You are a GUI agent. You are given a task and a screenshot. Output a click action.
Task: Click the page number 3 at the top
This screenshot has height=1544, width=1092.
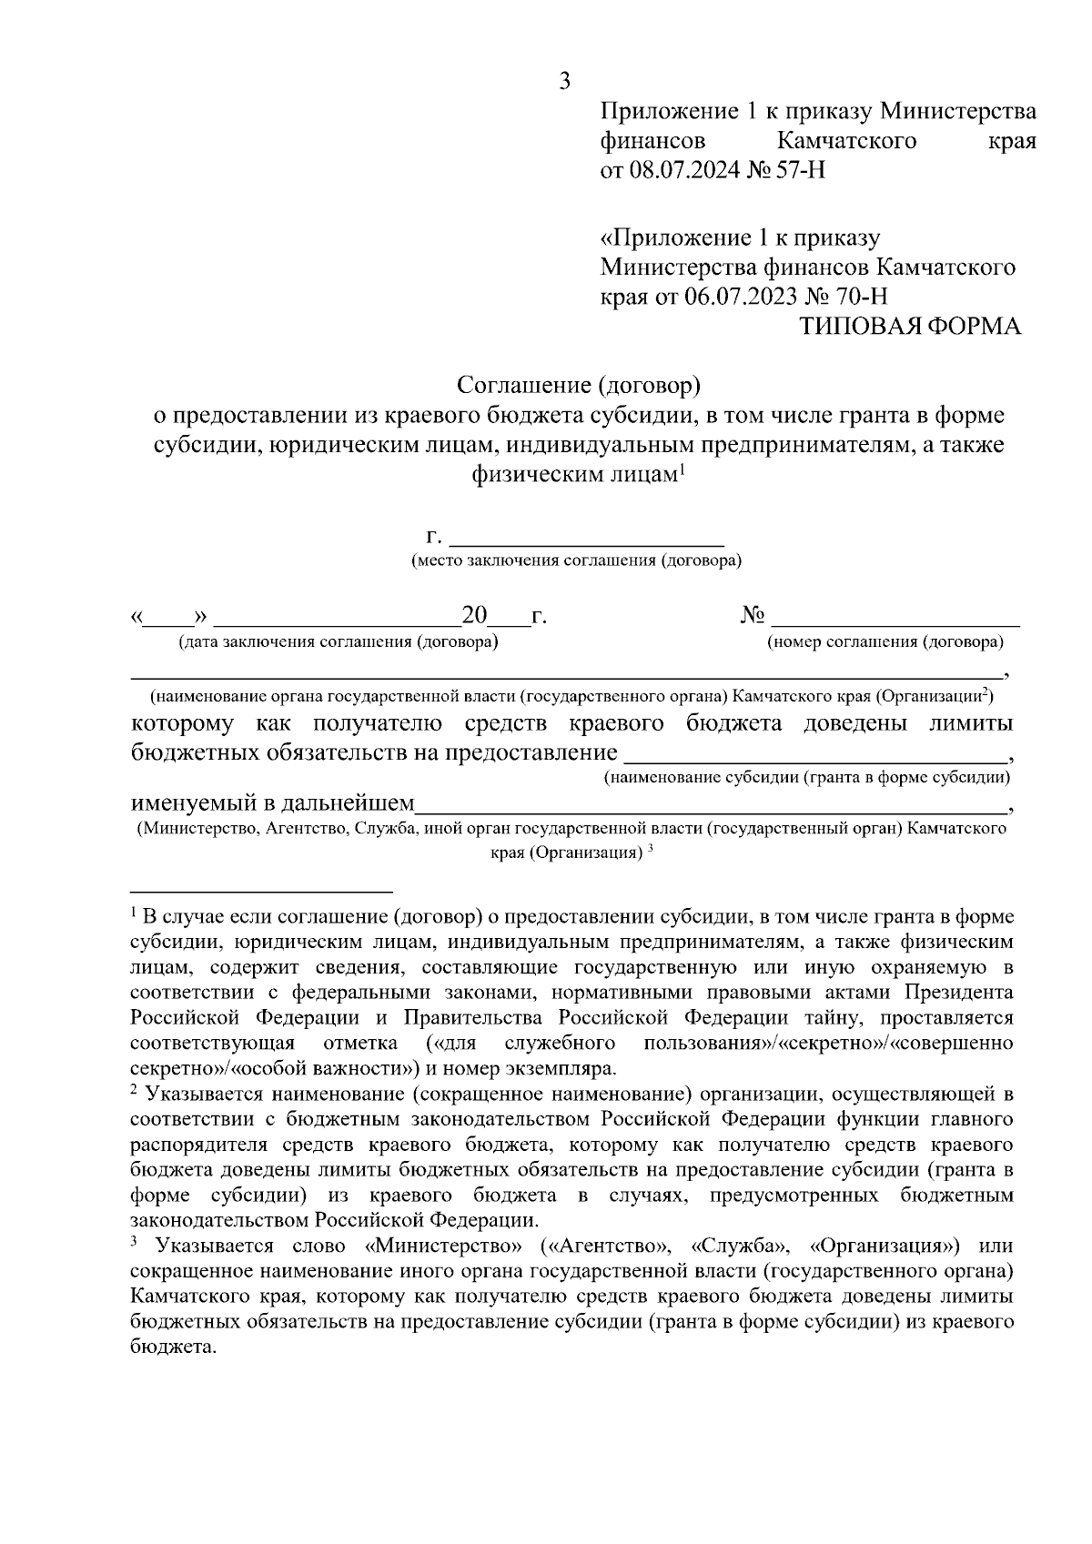(x=564, y=82)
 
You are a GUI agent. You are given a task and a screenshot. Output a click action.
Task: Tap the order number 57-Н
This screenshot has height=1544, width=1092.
(x=800, y=170)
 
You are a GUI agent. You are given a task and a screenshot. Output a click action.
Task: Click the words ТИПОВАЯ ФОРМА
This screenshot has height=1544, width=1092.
(x=910, y=327)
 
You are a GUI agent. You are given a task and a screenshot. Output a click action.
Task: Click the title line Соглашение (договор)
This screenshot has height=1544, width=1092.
(x=578, y=386)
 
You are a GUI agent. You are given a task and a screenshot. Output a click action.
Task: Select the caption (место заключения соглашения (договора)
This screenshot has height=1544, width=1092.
(x=577, y=560)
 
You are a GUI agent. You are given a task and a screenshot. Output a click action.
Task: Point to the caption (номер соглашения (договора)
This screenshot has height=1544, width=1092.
(x=885, y=642)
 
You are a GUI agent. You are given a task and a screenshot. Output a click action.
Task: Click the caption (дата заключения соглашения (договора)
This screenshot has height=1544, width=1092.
(x=339, y=642)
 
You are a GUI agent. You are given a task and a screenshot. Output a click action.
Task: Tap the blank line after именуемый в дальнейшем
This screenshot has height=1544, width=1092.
(x=710, y=805)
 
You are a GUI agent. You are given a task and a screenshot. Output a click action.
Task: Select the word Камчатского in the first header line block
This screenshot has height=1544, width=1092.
(x=846, y=141)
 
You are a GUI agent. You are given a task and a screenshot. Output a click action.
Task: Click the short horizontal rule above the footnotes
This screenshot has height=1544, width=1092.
(x=260, y=892)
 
